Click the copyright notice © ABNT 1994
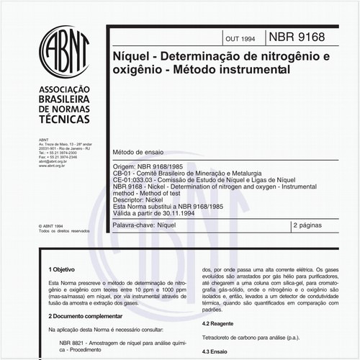54,225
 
